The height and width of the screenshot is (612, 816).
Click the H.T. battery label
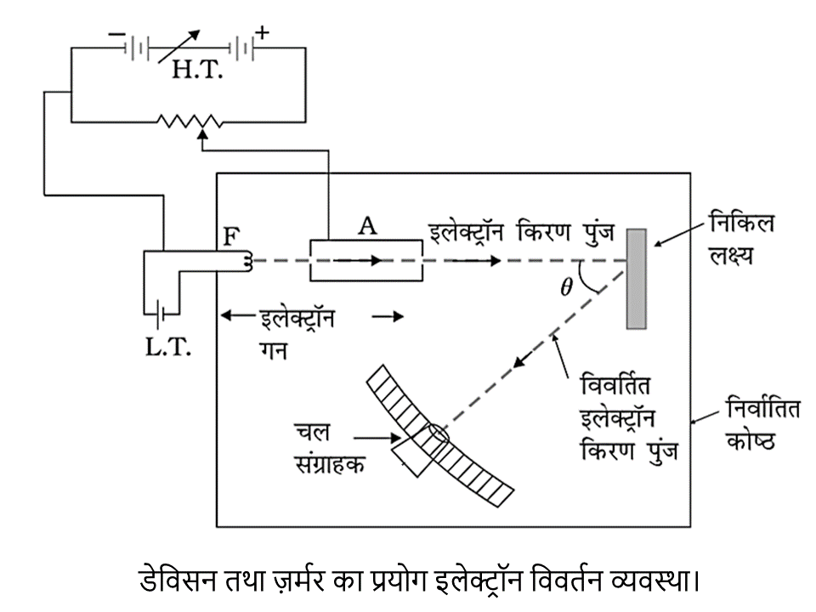[x=197, y=70]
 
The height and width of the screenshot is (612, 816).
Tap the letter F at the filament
[x=231, y=235]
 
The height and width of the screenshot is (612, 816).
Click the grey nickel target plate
[x=637, y=278]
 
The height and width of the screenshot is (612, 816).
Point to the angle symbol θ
[x=566, y=286]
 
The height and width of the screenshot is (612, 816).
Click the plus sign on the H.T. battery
[x=263, y=33]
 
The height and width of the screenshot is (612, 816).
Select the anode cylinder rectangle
[x=365, y=260]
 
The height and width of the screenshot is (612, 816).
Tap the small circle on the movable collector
[x=433, y=434]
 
